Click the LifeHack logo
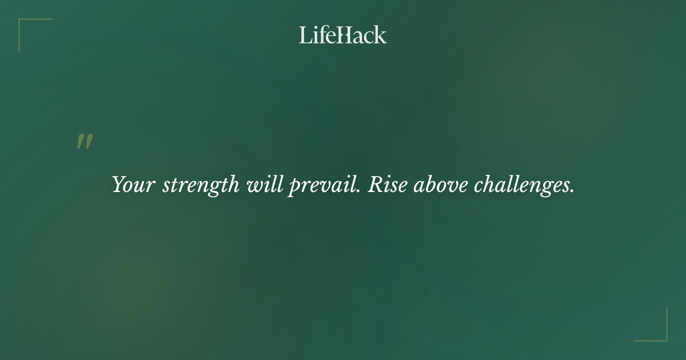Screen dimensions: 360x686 pyautogui.click(x=343, y=35)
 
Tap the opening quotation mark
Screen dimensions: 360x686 pyautogui.click(x=85, y=142)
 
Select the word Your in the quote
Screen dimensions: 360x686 pyautogui.click(x=133, y=185)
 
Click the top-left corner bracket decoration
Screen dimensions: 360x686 pyautogui.click(x=26, y=26)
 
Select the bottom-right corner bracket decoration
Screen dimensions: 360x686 pyautogui.click(x=660, y=334)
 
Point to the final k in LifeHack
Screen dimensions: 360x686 pyautogui.click(x=380, y=35)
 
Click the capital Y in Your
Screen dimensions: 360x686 pyautogui.click(x=118, y=185)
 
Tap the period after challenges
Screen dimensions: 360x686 pyautogui.click(x=572, y=192)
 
